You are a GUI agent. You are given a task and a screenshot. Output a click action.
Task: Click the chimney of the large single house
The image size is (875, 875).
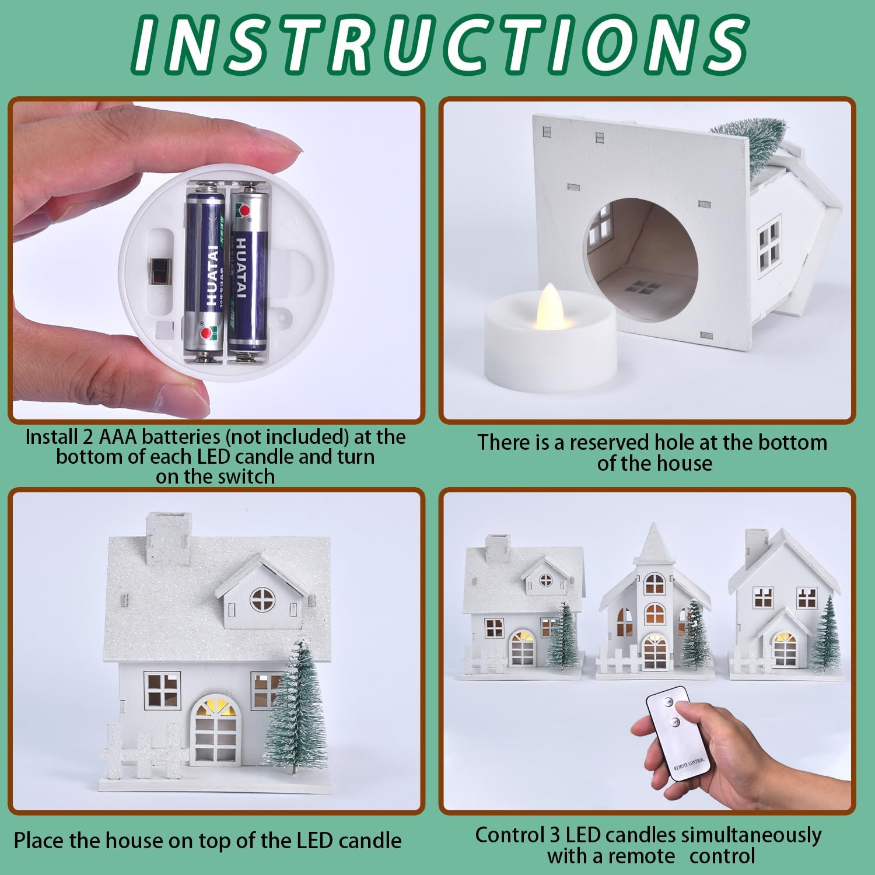[169, 539]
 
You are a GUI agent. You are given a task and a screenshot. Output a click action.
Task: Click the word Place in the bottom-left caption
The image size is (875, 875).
[39, 841]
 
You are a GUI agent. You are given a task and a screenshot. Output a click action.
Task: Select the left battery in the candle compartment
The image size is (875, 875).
[204, 273]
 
